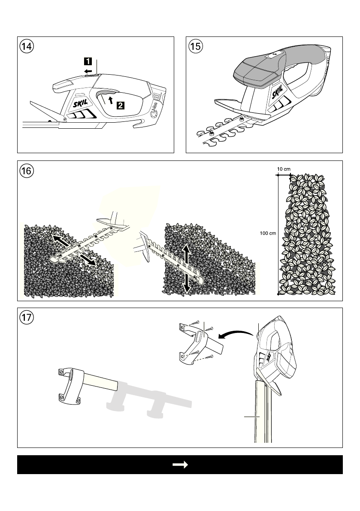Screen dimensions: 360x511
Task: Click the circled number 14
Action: pos(27,46)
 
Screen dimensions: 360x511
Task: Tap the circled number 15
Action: pos(195,46)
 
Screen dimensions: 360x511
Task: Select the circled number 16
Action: pos(27,171)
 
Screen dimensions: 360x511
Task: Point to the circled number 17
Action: pos(27,317)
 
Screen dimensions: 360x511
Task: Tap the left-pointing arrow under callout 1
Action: pos(88,71)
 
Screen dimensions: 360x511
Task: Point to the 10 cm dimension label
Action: pos(284,169)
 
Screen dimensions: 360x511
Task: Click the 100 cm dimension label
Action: pos(267,233)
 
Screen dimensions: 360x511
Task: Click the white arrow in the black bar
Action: pos(180,465)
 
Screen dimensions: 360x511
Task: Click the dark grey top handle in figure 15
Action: pos(257,71)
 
